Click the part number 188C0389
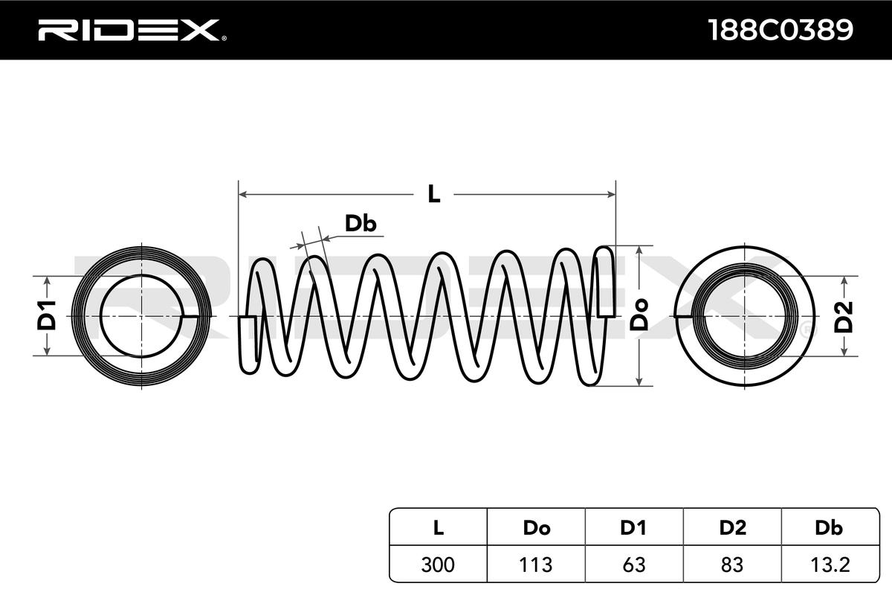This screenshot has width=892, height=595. point(780,30)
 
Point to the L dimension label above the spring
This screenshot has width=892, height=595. point(433,195)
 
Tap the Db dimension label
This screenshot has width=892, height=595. point(360,224)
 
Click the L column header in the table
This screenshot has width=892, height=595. point(439,528)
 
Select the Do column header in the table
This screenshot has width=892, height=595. point(536,528)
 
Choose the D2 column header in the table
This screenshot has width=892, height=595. point(732,528)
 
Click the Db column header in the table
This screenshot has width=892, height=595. point(828,528)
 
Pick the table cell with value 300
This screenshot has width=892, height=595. point(439,565)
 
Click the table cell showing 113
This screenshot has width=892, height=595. point(536,565)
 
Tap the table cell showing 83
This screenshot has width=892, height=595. point(732,565)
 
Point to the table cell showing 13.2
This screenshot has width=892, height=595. point(828,565)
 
